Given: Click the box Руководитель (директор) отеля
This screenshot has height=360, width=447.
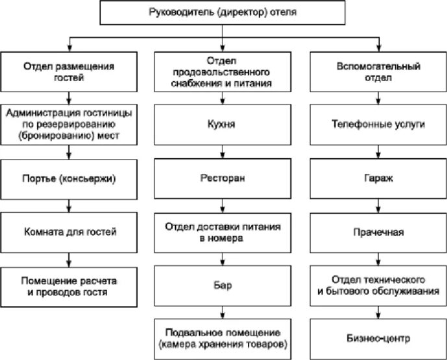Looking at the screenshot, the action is point(223,12).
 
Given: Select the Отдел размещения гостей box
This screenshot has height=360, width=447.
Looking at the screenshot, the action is point(69,71).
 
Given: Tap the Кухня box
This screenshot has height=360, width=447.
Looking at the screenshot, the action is point(222,123).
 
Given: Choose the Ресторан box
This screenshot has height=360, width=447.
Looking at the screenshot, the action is point(222,176).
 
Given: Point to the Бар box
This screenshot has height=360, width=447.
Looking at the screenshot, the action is point(222,285).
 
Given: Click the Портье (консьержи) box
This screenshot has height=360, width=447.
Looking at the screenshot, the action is point(69,176).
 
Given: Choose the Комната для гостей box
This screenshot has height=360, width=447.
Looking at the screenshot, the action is point(69,230).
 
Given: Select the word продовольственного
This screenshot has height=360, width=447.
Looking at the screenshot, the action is point(222,72).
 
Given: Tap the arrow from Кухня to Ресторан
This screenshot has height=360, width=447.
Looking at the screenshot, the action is point(222,152).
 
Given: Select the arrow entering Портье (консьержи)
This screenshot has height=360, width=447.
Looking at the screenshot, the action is point(69,152).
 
